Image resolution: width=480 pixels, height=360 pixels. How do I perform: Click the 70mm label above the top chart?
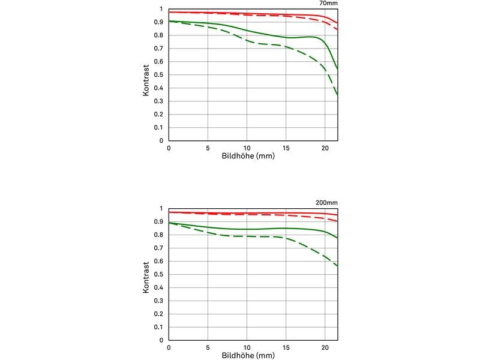328,4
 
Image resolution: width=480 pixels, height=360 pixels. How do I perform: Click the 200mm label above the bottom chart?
327,203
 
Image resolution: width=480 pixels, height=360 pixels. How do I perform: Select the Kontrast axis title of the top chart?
146,75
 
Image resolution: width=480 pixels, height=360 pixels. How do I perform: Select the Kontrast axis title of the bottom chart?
146,274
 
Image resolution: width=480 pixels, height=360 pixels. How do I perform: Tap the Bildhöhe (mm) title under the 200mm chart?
247,355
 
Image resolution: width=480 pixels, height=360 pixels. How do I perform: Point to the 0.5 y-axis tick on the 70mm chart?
160,75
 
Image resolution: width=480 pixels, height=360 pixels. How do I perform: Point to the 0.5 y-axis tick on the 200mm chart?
160,274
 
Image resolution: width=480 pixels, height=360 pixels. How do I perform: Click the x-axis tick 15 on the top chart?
286,148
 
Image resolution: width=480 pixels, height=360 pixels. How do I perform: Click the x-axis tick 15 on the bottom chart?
286,347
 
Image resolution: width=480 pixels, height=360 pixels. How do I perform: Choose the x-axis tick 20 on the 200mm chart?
325,347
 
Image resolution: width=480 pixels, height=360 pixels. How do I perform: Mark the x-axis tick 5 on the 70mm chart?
208,148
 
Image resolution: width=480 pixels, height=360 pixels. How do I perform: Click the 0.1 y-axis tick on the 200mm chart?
160,327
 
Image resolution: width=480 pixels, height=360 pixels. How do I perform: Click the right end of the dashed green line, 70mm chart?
337,95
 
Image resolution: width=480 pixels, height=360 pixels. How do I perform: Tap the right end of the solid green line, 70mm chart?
337,68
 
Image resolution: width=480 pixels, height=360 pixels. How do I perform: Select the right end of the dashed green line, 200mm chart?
337,266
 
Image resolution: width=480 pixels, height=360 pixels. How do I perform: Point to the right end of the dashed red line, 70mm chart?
337,29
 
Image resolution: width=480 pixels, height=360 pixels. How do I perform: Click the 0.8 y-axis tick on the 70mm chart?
160,35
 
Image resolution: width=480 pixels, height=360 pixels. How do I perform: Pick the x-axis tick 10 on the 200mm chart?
247,347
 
